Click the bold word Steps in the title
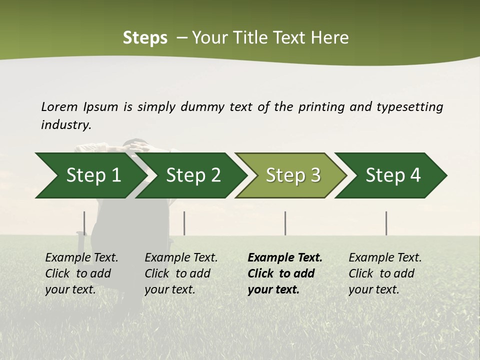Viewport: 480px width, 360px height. click(145, 38)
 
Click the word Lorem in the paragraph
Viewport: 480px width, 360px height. click(59, 106)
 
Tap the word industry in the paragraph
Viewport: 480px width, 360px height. click(65, 125)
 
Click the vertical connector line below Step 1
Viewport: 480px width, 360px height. click(84, 223)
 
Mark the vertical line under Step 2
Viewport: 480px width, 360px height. click(184, 223)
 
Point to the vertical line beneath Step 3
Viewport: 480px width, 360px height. click(285, 223)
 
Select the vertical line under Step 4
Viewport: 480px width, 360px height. click(386, 223)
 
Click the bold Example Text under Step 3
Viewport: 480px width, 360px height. click(285, 273)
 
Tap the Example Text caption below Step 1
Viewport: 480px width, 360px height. click(81, 273)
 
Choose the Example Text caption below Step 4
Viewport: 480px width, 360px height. click(385, 273)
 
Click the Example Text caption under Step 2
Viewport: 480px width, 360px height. click(181, 273)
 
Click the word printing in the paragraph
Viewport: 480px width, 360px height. click(321, 107)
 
